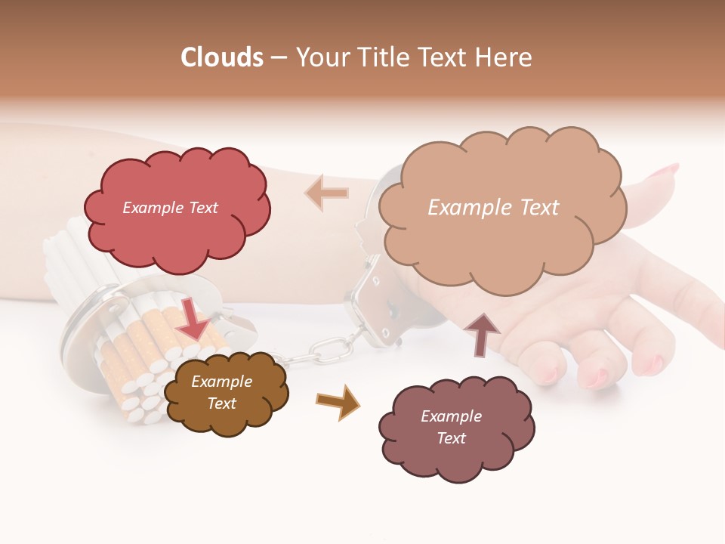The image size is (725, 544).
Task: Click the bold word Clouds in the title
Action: pos(222,57)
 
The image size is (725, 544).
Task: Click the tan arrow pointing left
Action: pos(327,192)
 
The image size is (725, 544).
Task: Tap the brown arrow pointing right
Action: pos(338,401)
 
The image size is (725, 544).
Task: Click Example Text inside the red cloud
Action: pos(170,208)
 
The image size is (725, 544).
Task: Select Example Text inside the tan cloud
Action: pos(493,208)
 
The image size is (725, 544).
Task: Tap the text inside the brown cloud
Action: pos(221,392)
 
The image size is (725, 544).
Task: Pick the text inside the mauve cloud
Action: pos(451,427)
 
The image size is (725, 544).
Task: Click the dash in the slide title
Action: pos(279,58)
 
